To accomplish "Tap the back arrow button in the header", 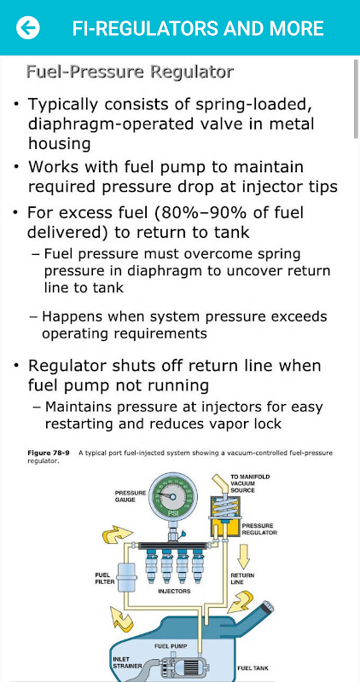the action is pyautogui.click(x=28, y=28).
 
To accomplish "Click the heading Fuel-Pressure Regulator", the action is pyautogui.click(x=131, y=72).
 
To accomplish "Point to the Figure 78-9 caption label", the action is pyautogui.click(x=49, y=454).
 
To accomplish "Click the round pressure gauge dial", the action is pyautogui.click(x=173, y=496).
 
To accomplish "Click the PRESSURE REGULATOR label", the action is pyautogui.click(x=259, y=529).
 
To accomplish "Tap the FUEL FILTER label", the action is pyautogui.click(x=103, y=578).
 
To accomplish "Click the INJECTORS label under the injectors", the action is pyautogui.click(x=174, y=592).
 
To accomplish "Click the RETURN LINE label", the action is pyautogui.click(x=242, y=579).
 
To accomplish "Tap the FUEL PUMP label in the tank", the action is pyautogui.click(x=171, y=646).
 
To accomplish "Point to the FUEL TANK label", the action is pyautogui.click(x=253, y=668).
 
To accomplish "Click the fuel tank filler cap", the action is pyautogui.click(x=267, y=606).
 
